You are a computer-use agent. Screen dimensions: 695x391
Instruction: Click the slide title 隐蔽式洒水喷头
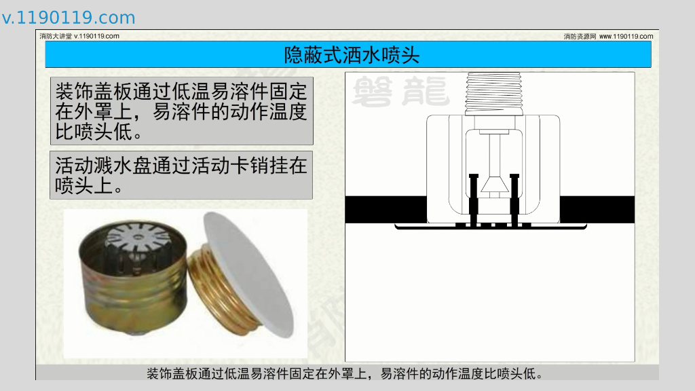(x=352, y=56)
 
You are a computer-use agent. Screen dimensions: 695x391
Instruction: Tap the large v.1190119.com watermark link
(x=69, y=18)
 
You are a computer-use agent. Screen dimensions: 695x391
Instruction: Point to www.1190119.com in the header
(x=626, y=37)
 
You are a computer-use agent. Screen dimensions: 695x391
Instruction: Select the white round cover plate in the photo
(x=248, y=274)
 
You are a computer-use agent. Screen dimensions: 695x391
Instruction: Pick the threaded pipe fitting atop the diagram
(x=494, y=94)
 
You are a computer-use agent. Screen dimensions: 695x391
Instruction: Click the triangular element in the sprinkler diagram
(x=493, y=185)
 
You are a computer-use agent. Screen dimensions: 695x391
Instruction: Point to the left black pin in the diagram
(x=473, y=200)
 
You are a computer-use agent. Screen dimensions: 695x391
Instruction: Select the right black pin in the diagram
(x=514, y=200)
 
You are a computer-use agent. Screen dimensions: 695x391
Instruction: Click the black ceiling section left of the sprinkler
(x=386, y=210)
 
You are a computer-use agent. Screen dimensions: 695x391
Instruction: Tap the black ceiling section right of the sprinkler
(x=597, y=210)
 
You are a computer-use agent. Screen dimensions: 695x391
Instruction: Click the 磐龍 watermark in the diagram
(x=400, y=92)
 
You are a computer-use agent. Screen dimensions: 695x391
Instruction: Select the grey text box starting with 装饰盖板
(x=182, y=111)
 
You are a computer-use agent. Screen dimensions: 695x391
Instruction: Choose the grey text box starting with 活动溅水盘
(x=181, y=175)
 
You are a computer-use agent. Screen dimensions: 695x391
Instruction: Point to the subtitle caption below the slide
(x=344, y=374)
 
